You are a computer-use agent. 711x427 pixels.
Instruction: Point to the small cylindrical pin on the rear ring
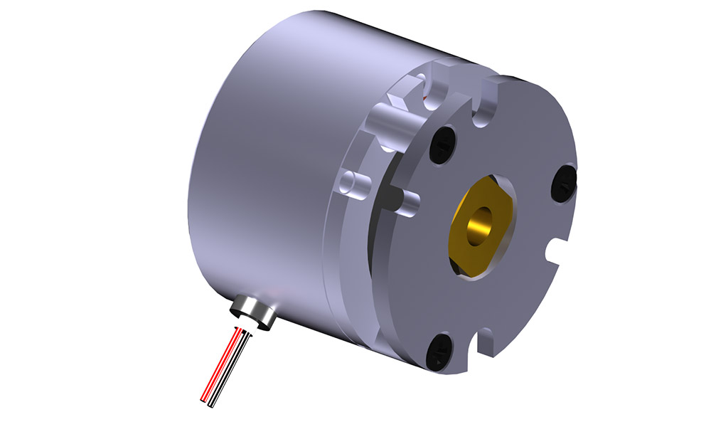[353, 184]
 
